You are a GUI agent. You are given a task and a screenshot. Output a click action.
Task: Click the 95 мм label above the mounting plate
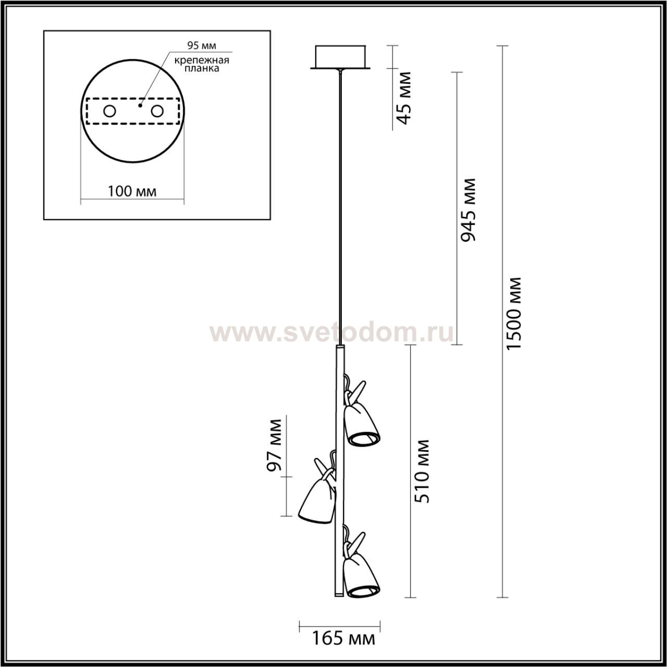pos(202,45)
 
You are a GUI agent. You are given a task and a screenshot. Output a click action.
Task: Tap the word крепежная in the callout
pos(202,60)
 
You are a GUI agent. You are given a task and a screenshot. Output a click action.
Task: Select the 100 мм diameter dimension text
pos(132,191)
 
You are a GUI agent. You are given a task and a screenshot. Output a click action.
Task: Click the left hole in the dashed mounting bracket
pos(110,112)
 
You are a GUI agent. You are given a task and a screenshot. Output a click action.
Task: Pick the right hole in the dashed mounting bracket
pos(157,112)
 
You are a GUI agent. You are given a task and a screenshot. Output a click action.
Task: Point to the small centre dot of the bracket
pos(140,105)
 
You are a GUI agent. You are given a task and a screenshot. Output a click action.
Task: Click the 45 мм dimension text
pos(404,98)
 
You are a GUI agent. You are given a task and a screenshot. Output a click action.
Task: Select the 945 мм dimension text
pos(468,210)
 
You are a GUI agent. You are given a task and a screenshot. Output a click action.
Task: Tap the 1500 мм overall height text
pos(513,314)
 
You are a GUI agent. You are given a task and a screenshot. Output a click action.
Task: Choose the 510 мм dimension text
pos(422,472)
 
